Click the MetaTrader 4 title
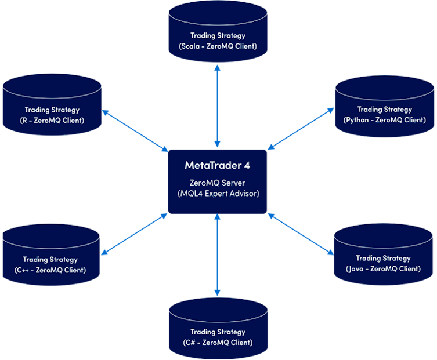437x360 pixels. click(218, 165)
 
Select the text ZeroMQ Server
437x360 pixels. click(218, 183)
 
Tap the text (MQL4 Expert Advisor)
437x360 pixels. click(218, 193)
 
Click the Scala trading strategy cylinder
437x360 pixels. click(218, 32)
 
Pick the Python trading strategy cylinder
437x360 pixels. click(385, 104)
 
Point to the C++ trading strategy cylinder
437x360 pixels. click(52, 255)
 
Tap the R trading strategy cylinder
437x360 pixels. click(52, 104)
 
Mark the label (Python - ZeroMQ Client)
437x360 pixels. click(385, 120)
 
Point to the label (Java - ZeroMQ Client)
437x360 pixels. click(383, 269)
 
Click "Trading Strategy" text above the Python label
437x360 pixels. click(385, 110)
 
